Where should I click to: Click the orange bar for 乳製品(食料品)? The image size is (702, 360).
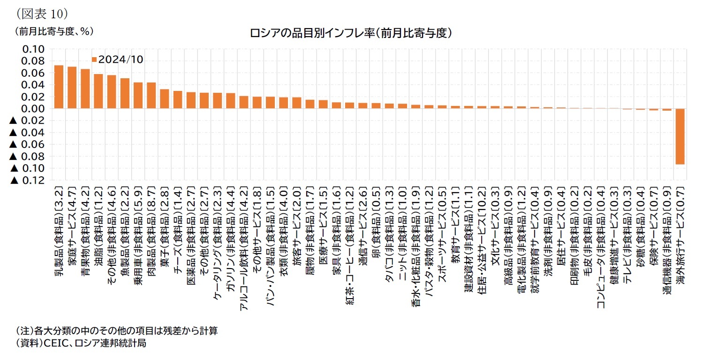click(x=59, y=87)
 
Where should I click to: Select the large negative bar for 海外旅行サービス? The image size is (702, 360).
click(x=680, y=136)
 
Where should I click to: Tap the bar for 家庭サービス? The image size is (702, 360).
click(x=72, y=88)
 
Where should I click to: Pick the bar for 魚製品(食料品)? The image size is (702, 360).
click(x=125, y=93)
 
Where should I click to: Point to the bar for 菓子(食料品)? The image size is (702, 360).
click(x=164, y=99)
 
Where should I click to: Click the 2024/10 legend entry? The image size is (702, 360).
click(x=118, y=60)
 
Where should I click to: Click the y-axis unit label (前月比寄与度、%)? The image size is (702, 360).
click(x=53, y=31)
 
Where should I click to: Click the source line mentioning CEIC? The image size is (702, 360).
click(x=81, y=343)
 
